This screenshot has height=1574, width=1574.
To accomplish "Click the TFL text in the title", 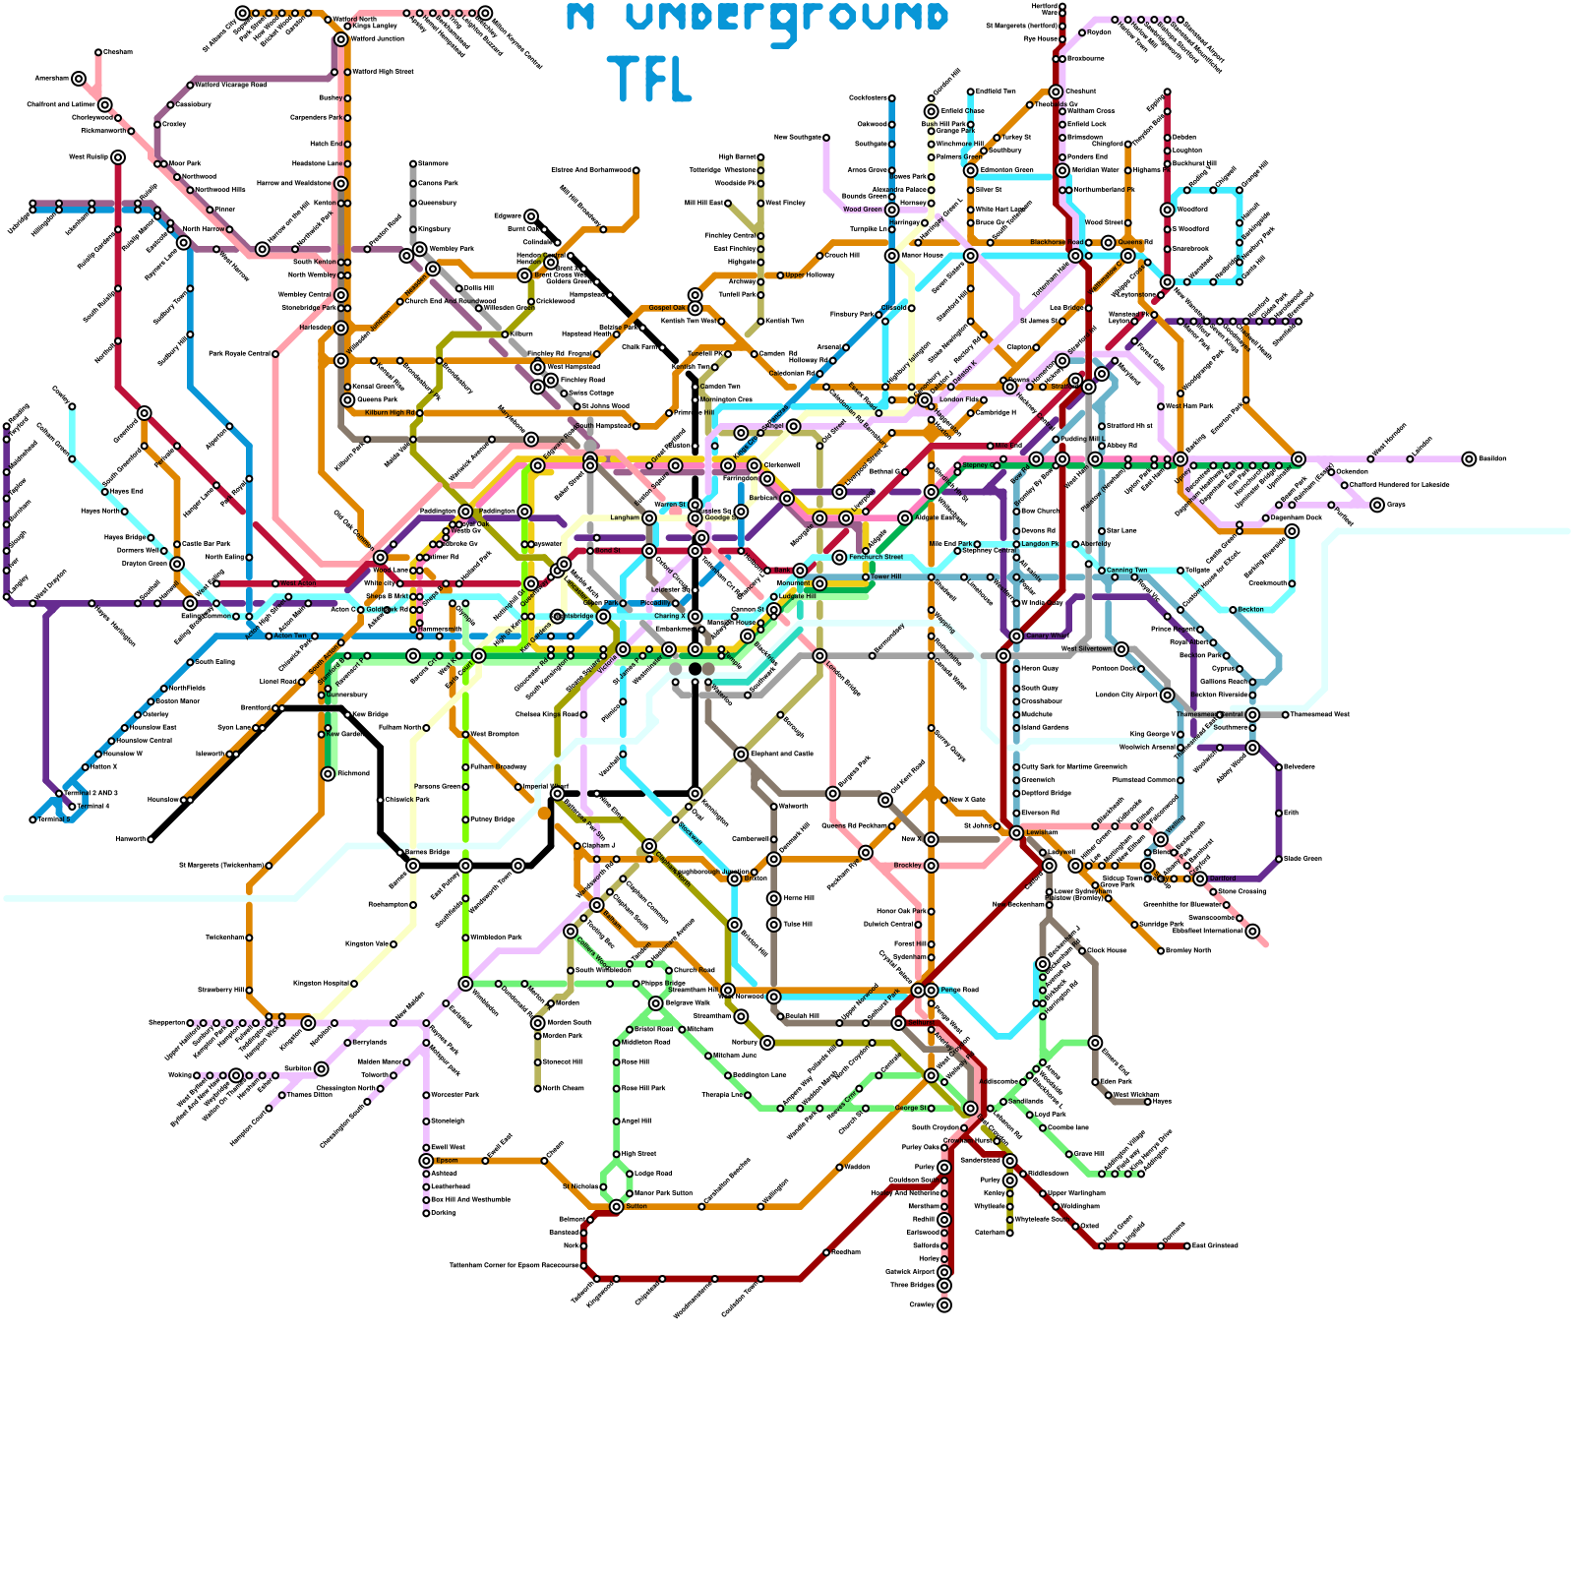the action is coord(649,79).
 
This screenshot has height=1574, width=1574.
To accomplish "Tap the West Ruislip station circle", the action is coord(118,157).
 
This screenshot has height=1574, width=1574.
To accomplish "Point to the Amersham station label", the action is coord(51,79).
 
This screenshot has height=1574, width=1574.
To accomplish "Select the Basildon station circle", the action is coord(1469,458).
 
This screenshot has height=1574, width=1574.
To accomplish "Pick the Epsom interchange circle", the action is coord(426,1161).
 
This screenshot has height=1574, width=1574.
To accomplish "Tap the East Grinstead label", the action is coord(1215,1246).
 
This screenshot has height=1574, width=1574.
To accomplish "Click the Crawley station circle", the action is coord(944,1305).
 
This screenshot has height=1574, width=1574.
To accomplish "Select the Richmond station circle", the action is coord(328,774).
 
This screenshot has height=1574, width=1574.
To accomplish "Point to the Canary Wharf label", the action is coord(1046,636).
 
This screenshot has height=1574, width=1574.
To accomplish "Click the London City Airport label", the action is coord(1126,696).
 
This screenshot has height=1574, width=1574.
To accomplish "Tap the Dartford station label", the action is coord(1223,878).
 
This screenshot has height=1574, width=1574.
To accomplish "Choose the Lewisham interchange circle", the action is coord(1016,833).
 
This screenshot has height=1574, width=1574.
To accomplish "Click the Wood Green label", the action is coord(863,210).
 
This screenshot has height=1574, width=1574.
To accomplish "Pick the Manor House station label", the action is coord(922,256).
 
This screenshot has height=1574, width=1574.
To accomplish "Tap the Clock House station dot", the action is coord(1082,951).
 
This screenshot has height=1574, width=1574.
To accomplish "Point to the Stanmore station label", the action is coord(433,163).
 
